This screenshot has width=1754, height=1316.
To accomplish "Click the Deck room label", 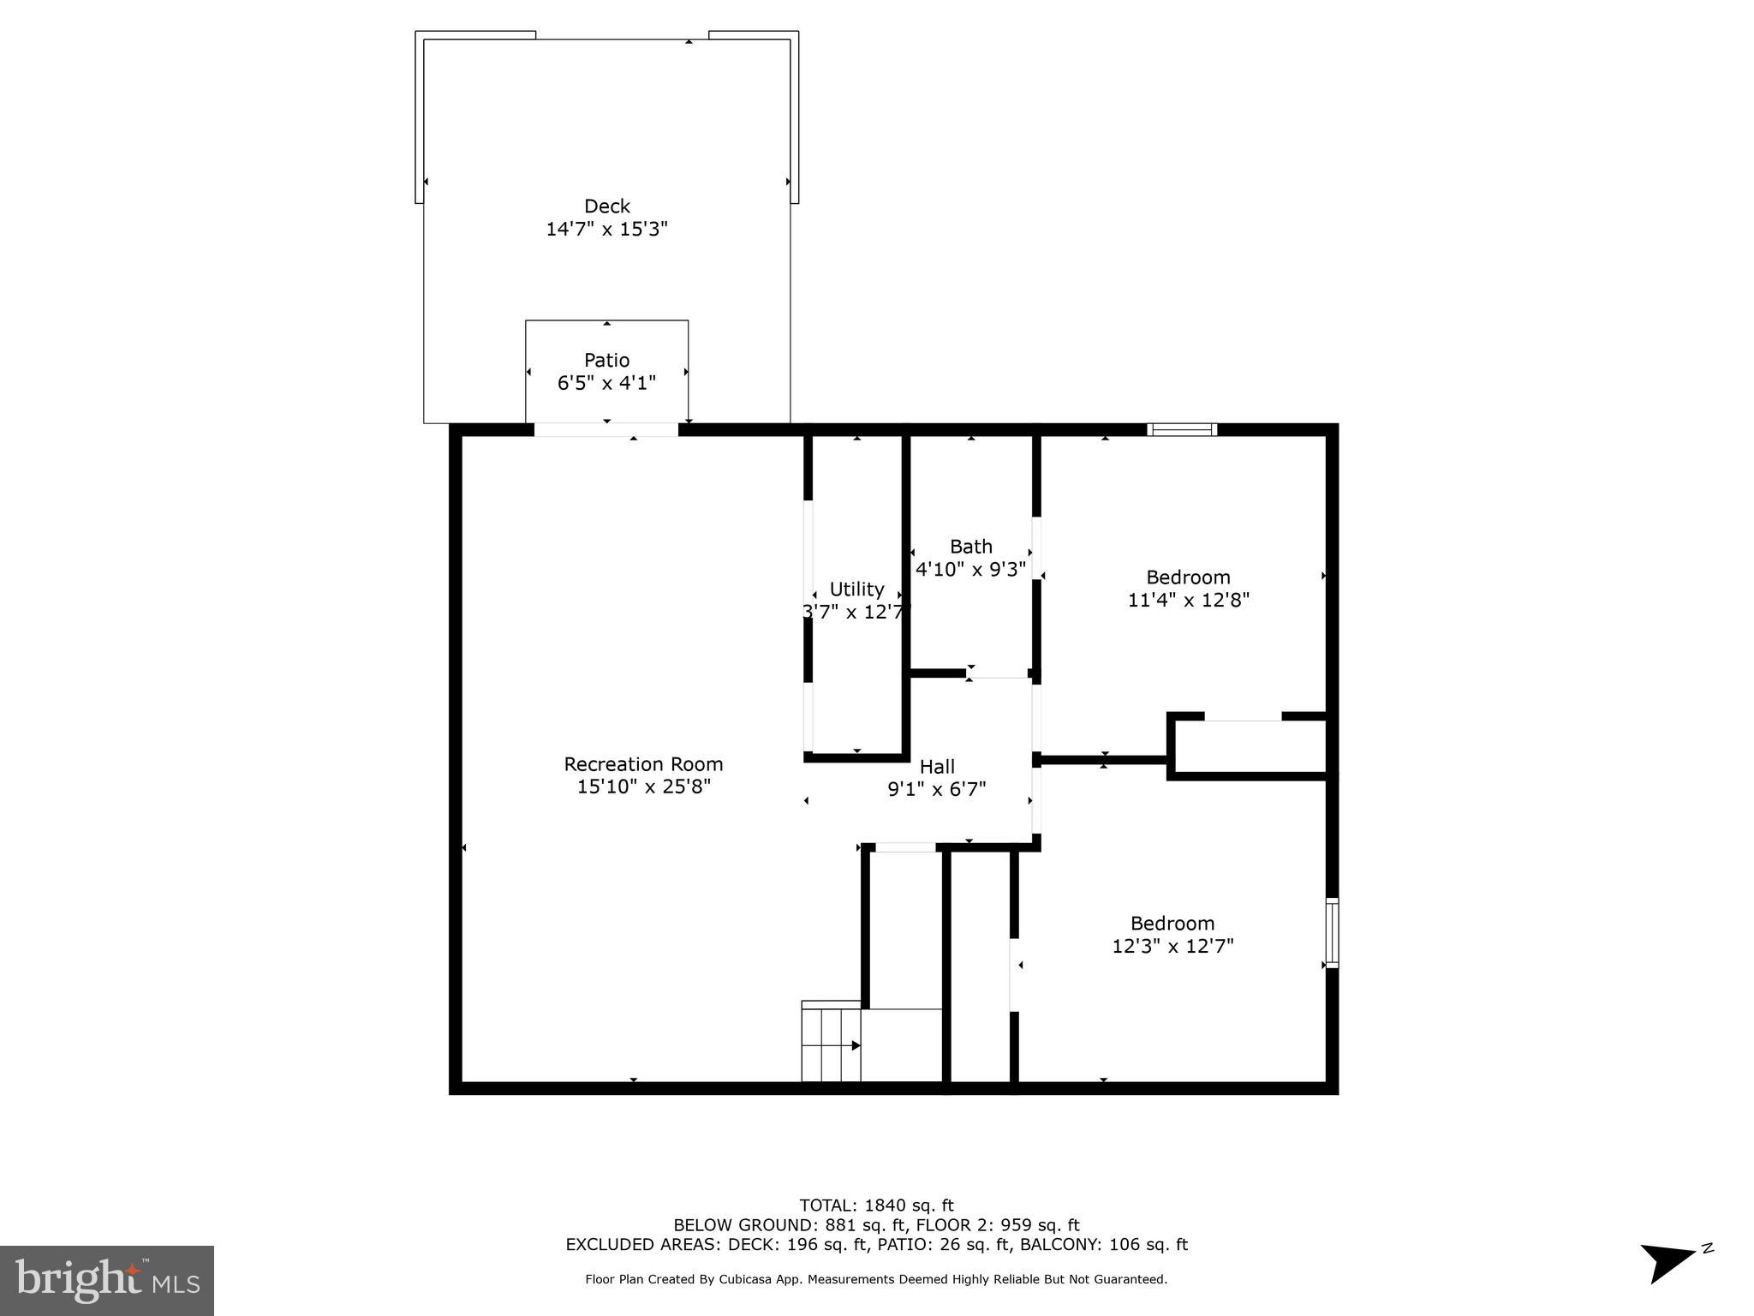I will tap(606, 206).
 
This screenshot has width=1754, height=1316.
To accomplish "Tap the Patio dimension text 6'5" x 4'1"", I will tap(606, 383).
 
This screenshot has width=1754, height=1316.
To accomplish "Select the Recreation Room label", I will tap(643, 764).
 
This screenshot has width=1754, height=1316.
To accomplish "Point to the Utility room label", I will tap(856, 589).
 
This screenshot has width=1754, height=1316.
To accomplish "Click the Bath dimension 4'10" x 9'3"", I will tap(970, 570).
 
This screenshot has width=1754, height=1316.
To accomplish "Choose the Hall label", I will tap(937, 767).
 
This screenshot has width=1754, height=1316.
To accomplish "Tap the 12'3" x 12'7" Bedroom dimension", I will tap(1172, 947).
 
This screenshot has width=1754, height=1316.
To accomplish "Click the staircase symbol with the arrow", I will tap(832, 1044).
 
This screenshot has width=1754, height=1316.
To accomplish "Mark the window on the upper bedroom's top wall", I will tap(1182, 429).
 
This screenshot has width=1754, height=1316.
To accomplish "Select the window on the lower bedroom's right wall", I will tap(1332, 932).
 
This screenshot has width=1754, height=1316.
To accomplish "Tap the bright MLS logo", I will tap(107, 1280).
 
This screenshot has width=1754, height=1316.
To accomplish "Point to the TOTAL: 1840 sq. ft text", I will tap(876, 1205).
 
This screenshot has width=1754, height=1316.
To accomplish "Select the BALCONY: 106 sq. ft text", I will tap(1105, 1245).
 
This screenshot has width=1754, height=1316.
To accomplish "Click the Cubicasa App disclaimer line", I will tap(876, 1279).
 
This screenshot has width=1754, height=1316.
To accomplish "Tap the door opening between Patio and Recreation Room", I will tap(606, 429).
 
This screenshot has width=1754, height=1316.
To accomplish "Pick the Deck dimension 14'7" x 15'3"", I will tap(606, 230).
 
